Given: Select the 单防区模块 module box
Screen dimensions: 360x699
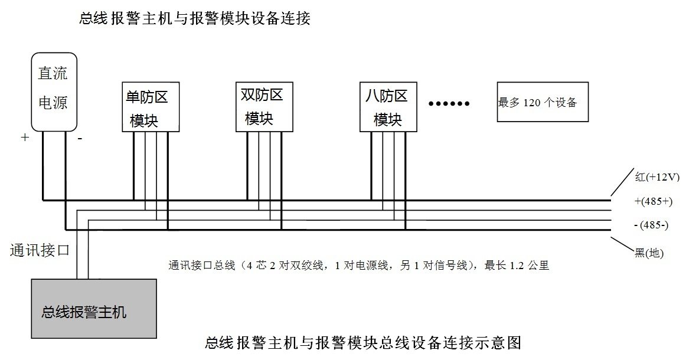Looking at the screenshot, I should [x=151, y=107].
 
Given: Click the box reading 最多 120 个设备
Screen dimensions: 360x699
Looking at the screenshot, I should [x=543, y=102].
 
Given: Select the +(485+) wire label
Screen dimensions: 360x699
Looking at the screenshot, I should [x=653, y=201].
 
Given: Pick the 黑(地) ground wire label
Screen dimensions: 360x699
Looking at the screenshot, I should [x=649, y=253].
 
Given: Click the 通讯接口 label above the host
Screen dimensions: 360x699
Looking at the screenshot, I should [x=40, y=250].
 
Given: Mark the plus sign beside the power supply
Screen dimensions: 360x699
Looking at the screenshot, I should [x=25, y=138].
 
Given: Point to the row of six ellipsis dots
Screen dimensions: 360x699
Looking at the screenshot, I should [x=449, y=104].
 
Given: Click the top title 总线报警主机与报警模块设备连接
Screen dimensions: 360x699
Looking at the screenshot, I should [x=195, y=19].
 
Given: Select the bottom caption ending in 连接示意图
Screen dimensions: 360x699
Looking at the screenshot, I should [x=363, y=342].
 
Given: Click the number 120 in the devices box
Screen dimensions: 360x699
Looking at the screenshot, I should [x=532, y=103].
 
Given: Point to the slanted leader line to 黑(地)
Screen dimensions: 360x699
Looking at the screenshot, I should [x=621, y=244].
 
